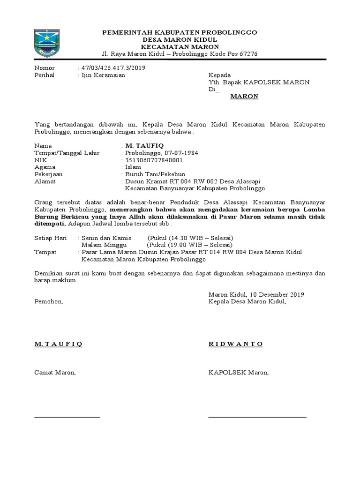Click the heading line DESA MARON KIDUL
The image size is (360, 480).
point(180,39)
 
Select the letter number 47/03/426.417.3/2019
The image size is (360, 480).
point(113,68)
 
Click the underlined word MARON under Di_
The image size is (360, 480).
point(244,97)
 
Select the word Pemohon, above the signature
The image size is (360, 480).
point(49,301)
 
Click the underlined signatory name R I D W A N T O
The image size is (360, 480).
point(235,344)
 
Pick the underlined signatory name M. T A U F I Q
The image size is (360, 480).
point(59,344)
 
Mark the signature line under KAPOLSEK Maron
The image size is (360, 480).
point(257,416)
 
